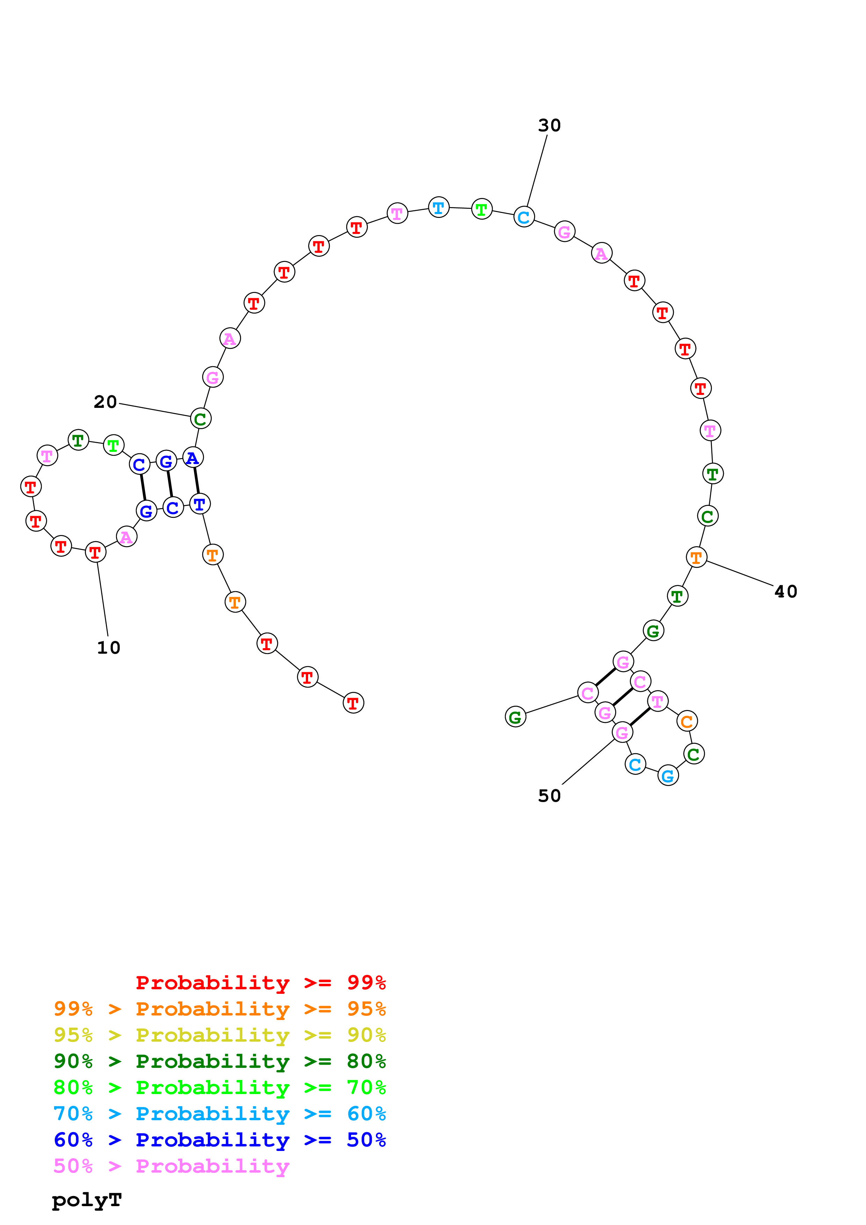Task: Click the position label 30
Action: tap(549, 125)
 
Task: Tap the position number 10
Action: tap(108, 648)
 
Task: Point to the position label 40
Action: tap(785, 592)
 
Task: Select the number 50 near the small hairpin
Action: tap(549, 796)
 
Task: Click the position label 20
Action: tap(105, 402)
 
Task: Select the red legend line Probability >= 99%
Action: tap(260, 983)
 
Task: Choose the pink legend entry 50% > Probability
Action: tap(171, 1166)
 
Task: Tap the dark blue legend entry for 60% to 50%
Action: tap(219, 1140)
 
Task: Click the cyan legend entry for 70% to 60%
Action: tap(219, 1114)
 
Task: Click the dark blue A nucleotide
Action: tap(192, 458)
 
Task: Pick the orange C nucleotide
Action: tap(687, 721)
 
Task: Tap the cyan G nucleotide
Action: tap(668, 776)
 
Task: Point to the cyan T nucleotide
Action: tap(439, 207)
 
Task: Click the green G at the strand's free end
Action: tap(515, 717)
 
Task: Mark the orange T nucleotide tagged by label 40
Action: tap(696, 558)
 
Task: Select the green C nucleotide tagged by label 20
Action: tap(201, 419)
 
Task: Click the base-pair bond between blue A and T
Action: tap(196, 480)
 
